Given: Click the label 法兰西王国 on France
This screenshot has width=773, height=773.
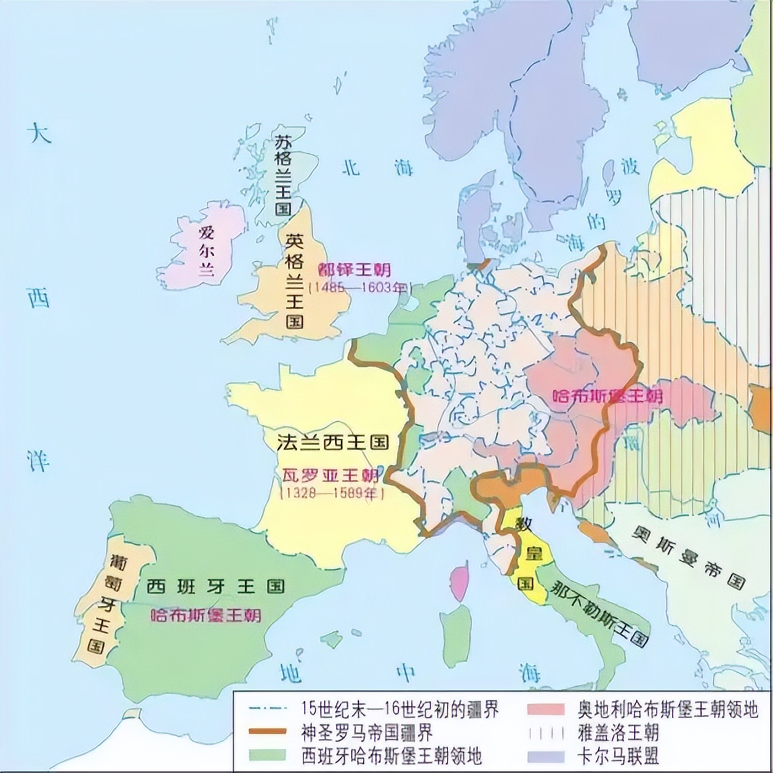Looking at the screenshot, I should point(332,443).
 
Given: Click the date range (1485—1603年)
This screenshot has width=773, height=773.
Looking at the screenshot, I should point(359,287).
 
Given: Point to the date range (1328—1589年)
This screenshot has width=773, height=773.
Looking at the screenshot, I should point(332,493).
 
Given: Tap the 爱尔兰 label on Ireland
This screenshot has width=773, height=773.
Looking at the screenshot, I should point(206,251).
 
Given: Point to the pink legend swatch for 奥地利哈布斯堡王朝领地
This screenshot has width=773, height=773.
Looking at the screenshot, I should point(545,709).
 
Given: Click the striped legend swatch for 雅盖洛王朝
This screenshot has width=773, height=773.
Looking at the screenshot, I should point(545,732).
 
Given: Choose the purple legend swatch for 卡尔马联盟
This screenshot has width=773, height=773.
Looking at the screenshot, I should point(545,755).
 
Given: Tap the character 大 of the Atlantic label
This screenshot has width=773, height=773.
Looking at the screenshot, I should point(41,133).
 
